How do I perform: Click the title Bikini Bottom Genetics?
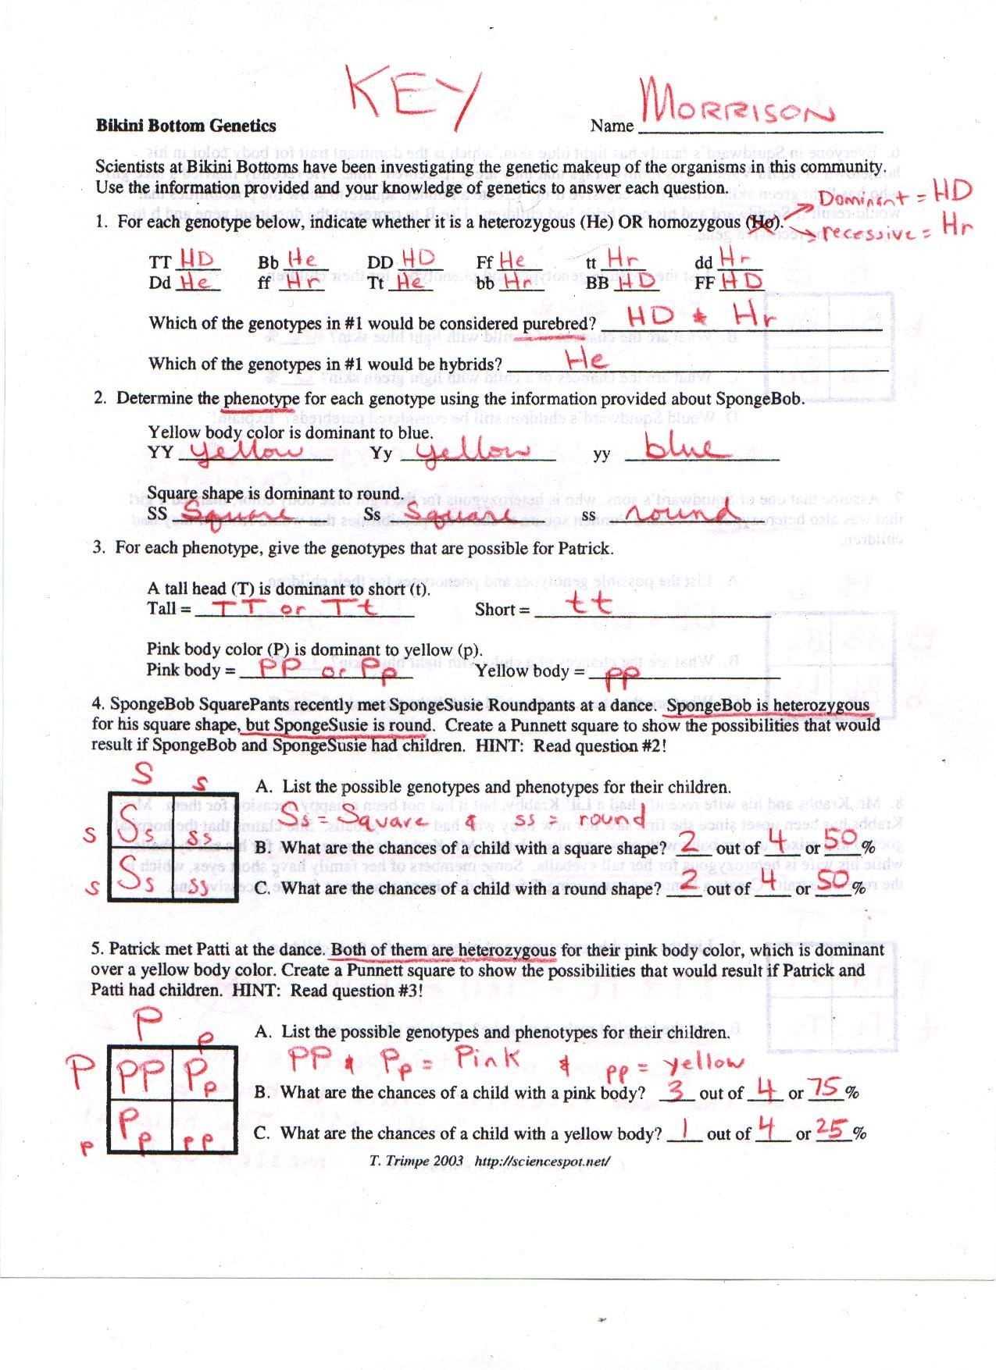point(186,126)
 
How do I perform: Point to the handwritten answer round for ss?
point(680,511)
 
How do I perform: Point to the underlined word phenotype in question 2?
point(261,399)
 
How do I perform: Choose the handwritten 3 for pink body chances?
point(680,1090)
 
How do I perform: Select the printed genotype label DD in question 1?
point(380,263)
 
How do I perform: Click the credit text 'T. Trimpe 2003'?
point(416,1161)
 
